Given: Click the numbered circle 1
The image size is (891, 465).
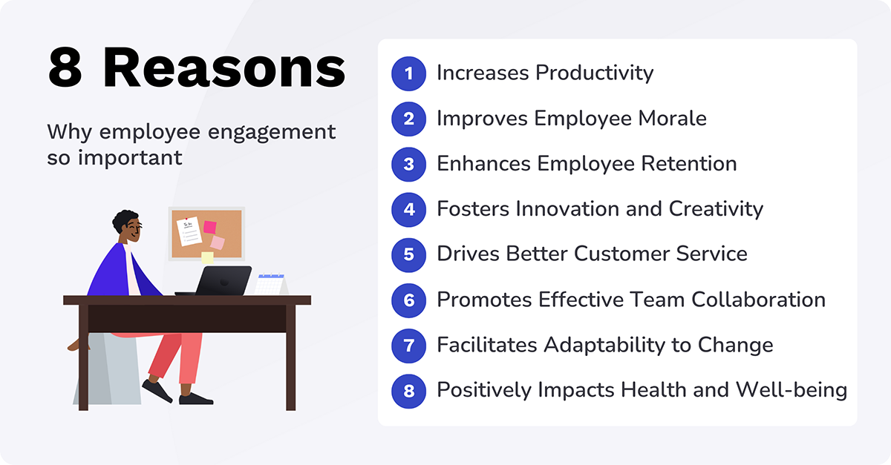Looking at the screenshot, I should point(408,73).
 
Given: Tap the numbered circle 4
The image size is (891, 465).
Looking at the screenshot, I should point(408,209).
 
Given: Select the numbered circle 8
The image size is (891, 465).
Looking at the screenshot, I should point(408,390).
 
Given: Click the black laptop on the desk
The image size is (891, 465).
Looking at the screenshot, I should point(223,281).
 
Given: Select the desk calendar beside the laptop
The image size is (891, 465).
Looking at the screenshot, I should point(271,285).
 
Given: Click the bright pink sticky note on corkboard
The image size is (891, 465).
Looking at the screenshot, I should point(210,227).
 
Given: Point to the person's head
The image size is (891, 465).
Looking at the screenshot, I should point(126,226).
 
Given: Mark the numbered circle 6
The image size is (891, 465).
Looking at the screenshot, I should point(408,300).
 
